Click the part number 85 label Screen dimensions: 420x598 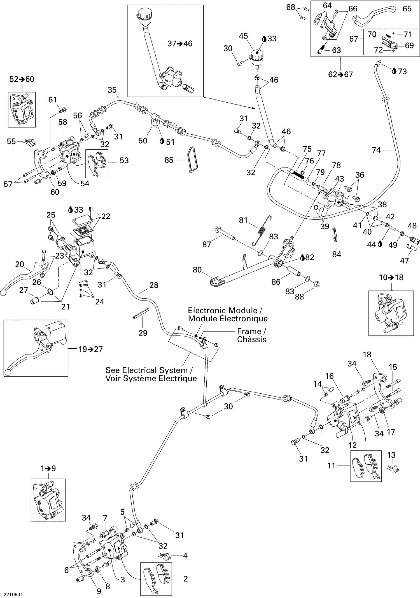click(x=169, y=160)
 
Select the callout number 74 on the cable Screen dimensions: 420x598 click(x=376, y=150)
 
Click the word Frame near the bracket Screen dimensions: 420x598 click(x=249, y=331)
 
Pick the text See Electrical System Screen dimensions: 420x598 click(x=146, y=370)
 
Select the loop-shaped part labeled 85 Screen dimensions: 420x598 click(x=192, y=160)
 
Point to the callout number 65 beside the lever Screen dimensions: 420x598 click(x=407, y=9)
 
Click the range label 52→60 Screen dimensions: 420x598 click(x=22, y=79)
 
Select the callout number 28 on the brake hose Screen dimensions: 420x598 click(x=154, y=285)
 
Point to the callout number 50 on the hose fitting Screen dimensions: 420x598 click(x=143, y=141)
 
